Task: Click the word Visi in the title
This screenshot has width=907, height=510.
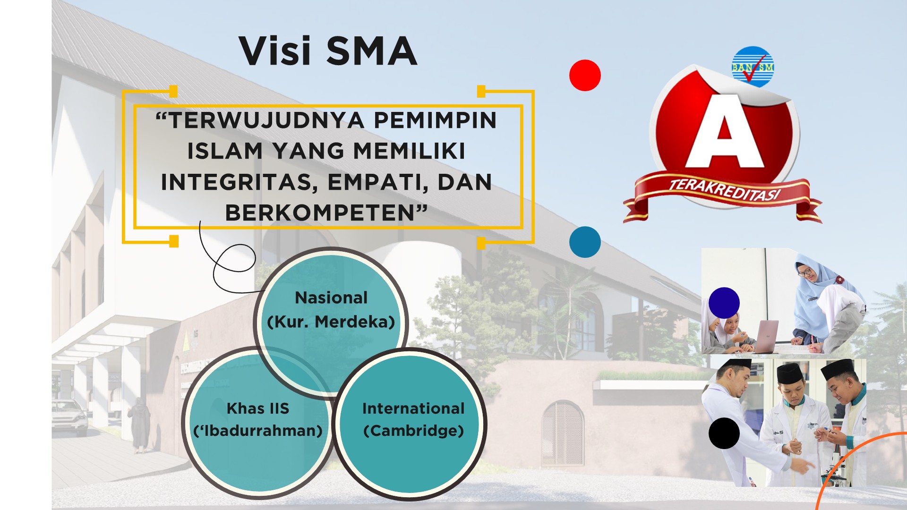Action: tap(275, 51)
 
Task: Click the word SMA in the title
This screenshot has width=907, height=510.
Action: tap(372, 51)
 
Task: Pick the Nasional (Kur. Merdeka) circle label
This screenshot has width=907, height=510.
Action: tap(331, 310)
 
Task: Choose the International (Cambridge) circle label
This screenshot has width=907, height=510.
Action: tap(413, 419)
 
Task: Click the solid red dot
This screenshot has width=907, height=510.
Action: tap(585, 75)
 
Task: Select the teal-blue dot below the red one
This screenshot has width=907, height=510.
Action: tap(585, 242)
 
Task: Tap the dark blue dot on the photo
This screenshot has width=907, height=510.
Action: tap(724, 303)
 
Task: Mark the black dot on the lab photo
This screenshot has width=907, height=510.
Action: tap(724, 433)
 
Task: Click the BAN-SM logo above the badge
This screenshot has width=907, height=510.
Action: tap(753, 67)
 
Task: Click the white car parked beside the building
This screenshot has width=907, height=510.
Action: tap(69, 417)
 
